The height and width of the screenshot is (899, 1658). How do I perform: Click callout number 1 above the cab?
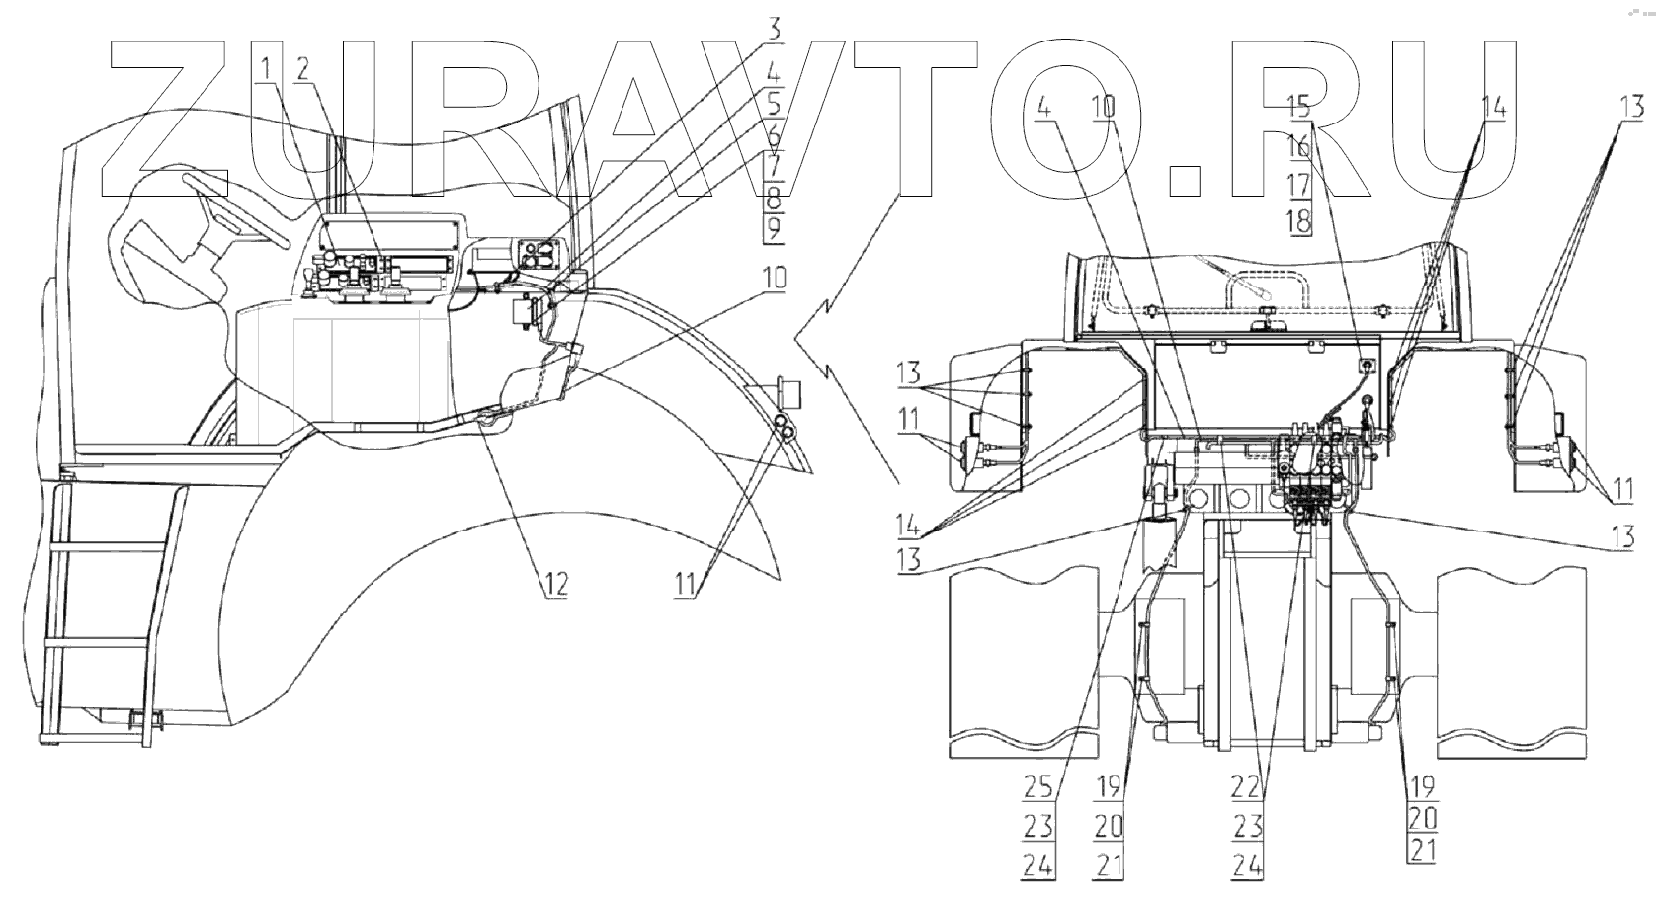click(267, 68)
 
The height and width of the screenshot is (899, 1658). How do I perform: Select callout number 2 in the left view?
click(302, 68)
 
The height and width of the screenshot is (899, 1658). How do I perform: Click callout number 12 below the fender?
click(555, 584)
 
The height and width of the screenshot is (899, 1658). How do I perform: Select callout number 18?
click(1298, 221)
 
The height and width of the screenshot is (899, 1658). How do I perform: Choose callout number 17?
click(1298, 184)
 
